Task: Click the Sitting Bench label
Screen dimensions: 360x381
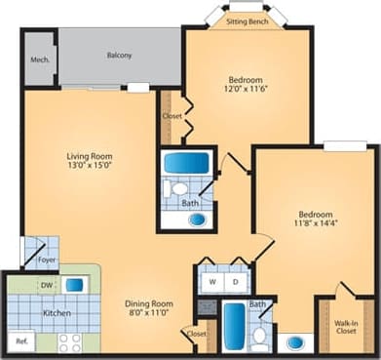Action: pyautogui.click(x=248, y=20)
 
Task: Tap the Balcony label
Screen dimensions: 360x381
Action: pyautogui.click(x=120, y=56)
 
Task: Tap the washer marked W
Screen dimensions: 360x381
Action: pyautogui.click(x=213, y=282)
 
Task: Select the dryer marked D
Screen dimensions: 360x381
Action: pyautogui.click(x=236, y=282)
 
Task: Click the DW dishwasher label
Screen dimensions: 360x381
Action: pyautogui.click(x=47, y=285)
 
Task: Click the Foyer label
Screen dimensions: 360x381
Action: pyautogui.click(x=46, y=260)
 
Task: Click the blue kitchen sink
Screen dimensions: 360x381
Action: pyautogui.click(x=74, y=285)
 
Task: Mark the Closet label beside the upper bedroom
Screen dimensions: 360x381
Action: pyautogui.click(x=171, y=116)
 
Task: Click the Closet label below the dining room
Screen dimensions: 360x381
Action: pyautogui.click(x=197, y=334)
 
